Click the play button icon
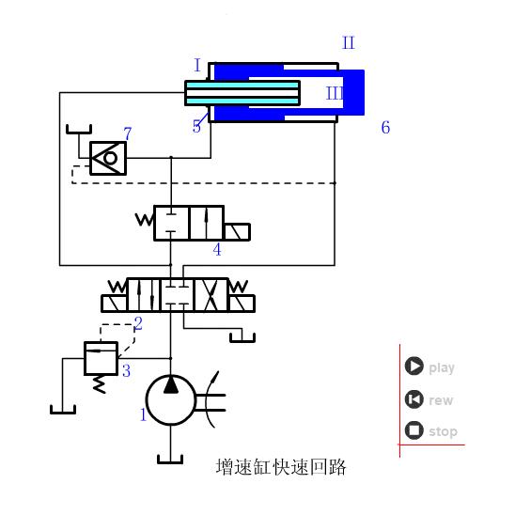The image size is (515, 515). [414, 367]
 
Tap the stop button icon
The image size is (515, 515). [414, 431]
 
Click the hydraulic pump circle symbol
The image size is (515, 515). [170, 398]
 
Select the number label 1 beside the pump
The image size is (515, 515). [143, 414]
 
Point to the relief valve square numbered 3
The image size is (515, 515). [100, 358]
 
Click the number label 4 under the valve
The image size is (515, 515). [217, 250]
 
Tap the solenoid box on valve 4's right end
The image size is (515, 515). [237, 231]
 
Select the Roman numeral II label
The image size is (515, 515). [348, 43]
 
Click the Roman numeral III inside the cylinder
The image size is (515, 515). [335, 93]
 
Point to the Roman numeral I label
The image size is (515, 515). [197, 66]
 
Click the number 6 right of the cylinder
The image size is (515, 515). [385, 128]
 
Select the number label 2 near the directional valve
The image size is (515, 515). [138, 324]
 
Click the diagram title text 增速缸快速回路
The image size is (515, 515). [280, 466]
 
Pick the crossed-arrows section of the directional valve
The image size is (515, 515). [209, 294]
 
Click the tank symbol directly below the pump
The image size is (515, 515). [170, 459]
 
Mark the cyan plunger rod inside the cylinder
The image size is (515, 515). [242, 93]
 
